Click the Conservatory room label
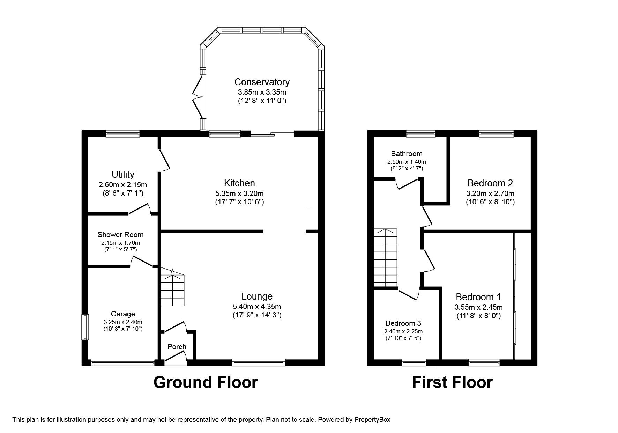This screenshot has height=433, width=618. tap(262, 82)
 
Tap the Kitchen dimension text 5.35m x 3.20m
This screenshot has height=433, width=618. tap(239, 193)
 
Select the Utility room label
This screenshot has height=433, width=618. tap(123, 174)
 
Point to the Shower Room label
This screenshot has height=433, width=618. tap(120, 235)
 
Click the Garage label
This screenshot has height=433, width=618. tap(123, 314)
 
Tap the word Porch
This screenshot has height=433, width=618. tap(177, 347)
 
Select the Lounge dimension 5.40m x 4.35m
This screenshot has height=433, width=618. tap(257, 307)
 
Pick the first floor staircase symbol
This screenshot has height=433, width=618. tap(386, 258)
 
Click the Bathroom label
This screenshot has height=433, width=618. tap(407, 154)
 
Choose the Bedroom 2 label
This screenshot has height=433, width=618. tap(490, 183)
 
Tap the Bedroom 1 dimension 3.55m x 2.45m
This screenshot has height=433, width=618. tap(478, 307)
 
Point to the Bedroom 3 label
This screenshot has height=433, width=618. tap(403, 323)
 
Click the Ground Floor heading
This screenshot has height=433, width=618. tap(206, 382)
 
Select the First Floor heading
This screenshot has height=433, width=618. tap(452, 382)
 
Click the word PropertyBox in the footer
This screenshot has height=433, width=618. tap(372, 420)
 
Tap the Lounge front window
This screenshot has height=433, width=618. tap(259, 363)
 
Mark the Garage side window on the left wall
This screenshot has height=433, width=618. tap(85, 327)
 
